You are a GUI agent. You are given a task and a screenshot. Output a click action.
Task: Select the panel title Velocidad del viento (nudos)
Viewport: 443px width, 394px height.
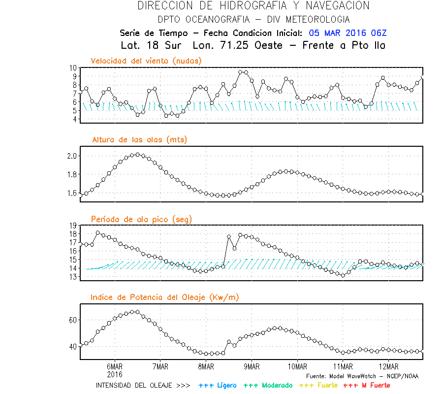(146, 61)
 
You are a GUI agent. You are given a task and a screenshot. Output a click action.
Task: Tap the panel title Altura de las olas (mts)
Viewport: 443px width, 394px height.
(139, 140)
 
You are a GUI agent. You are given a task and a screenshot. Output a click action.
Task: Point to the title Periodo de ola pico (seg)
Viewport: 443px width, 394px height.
(141, 219)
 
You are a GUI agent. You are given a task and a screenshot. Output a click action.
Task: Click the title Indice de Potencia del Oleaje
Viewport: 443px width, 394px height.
(164, 297)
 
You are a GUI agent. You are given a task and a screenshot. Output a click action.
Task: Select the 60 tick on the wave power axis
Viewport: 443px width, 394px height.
(73, 320)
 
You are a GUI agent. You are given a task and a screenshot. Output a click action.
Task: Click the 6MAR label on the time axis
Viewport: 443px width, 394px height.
(115, 366)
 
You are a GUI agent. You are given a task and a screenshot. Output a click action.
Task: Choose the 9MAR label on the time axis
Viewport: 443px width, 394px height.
(252, 366)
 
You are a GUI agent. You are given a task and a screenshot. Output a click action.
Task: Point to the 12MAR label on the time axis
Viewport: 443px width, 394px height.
(389, 366)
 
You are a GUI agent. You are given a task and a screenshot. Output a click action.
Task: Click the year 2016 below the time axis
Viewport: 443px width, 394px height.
(115, 374)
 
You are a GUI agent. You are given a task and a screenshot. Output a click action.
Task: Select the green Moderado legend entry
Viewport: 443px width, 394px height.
(266, 385)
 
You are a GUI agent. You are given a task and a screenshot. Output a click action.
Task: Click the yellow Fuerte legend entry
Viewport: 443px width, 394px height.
(317, 385)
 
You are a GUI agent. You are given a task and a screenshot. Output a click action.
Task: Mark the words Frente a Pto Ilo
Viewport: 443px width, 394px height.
(344, 45)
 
